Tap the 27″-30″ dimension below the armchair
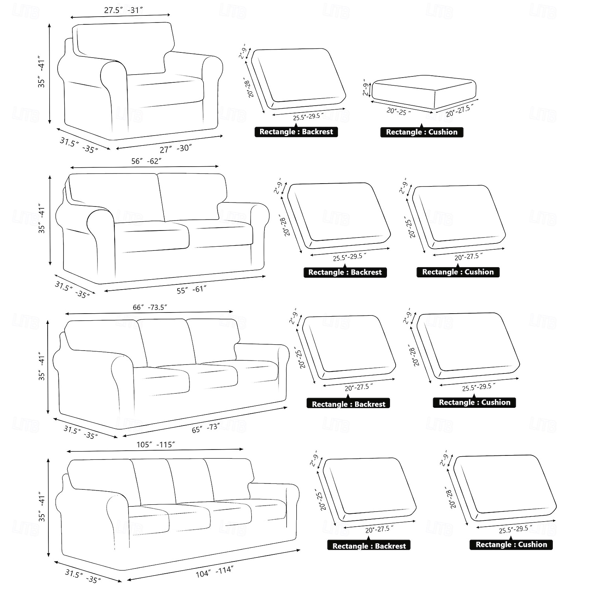176,149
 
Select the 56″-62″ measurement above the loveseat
146,161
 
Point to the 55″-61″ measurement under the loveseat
191,290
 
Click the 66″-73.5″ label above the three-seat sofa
150,307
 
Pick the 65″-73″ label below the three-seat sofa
206,428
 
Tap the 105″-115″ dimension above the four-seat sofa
156,445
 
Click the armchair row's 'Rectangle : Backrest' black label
296,132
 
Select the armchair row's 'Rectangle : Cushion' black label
422,132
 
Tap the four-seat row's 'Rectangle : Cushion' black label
511,545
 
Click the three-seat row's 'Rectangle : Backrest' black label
348,403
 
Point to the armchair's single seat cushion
165,91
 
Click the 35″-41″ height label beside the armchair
41,74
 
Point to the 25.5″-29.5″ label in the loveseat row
349,257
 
